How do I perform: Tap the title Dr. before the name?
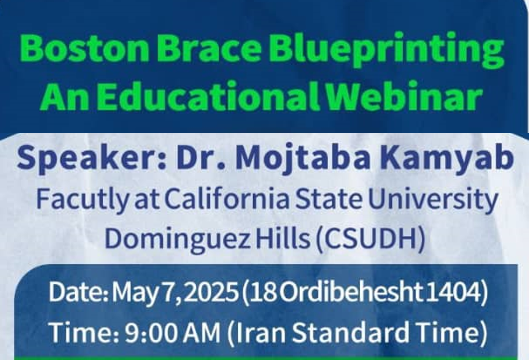pos(201,158)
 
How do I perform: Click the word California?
pos(227,200)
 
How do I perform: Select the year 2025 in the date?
pos(211,292)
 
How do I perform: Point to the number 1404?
pos(453,292)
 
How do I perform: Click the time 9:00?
pos(151,333)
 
